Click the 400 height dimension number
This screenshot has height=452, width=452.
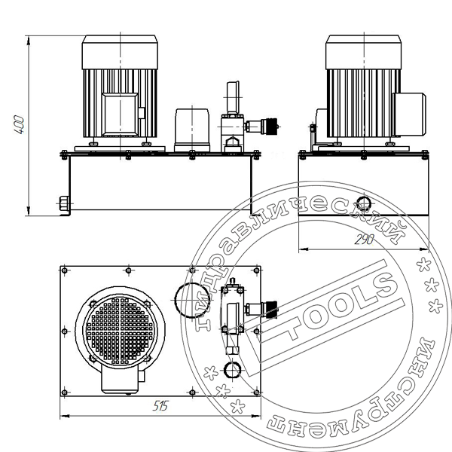[19, 124]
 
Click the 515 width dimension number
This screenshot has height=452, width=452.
[160, 406]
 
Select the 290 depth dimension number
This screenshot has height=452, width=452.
[365, 240]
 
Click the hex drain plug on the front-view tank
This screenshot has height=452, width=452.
[64, 203]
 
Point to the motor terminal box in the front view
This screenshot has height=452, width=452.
[121, 115]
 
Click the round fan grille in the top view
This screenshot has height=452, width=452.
[120, 331]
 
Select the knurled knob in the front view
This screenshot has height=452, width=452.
[270, 127]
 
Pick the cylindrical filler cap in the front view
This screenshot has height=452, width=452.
[192, 130]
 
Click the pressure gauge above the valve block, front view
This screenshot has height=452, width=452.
[233, 97]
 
